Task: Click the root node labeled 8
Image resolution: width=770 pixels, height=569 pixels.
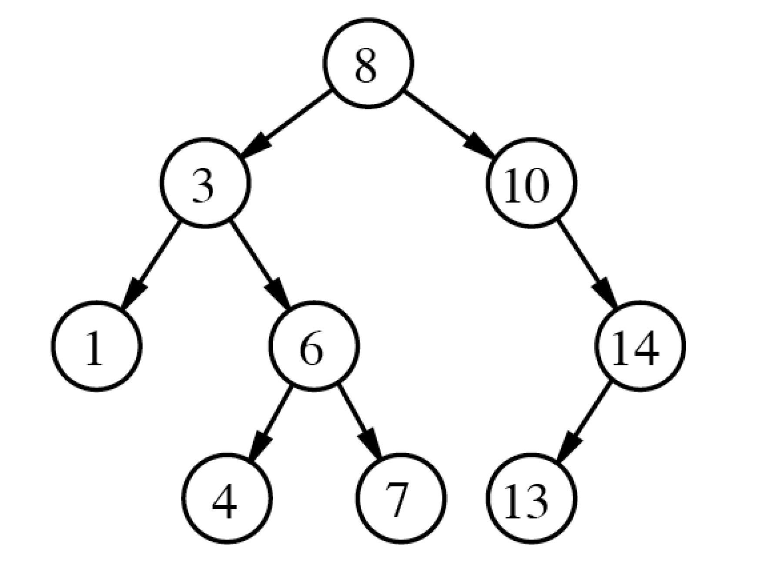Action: pyautogui.click(x=368, y=64)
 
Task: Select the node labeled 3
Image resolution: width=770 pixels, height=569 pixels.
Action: pyautogui.click(x=205, y=183)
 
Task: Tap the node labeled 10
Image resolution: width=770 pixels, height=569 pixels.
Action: pyautogui.click(x=531, y=183)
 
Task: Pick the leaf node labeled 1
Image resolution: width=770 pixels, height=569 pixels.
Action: pyautogui.click(x=97, y=346)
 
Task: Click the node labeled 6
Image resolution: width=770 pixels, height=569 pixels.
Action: pyautogui.click(x=314, y=346)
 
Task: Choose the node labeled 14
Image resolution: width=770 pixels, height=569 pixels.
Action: pyautogui.click(x=640, y=346)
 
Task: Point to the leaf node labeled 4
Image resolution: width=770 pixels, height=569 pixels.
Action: pyautogui.click(x=227, y=499)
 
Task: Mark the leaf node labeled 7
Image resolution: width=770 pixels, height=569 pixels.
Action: pyautogui.click(x=401, y=499)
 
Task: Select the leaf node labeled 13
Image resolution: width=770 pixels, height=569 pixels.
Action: pyautogui.click(x=531, y=499)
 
